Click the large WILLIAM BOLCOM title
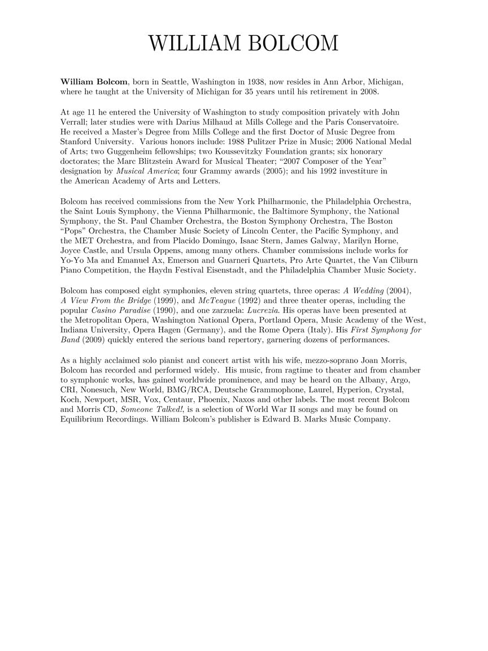coord(243,44)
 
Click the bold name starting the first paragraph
coord(94,82)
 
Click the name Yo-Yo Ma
coord(76,260)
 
